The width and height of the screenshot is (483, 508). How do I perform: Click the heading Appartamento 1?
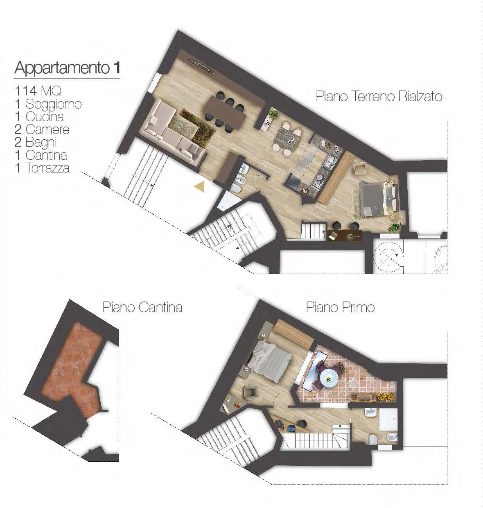[x=68, y=68]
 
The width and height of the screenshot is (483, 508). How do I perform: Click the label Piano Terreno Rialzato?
[x=379, y=97]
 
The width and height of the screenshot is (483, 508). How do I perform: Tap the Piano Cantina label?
[x=142, y=308]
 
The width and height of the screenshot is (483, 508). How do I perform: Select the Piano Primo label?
[x=340, y=308]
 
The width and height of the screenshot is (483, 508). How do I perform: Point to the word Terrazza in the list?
[x=48, y=168]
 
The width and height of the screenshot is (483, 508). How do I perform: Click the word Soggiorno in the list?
[x=54, y=104]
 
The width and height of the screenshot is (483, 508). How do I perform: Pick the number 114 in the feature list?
[x=25, y=91]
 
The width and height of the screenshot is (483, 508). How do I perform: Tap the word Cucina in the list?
[x=45, y=116]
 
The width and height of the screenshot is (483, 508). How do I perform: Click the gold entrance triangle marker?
[x=200, y=187]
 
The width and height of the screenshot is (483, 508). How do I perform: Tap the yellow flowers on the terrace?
[x=386, y=397]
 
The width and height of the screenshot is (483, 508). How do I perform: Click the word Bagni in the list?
[x=41, y=143]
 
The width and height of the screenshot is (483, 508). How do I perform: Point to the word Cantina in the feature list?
[x=47, y=155]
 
